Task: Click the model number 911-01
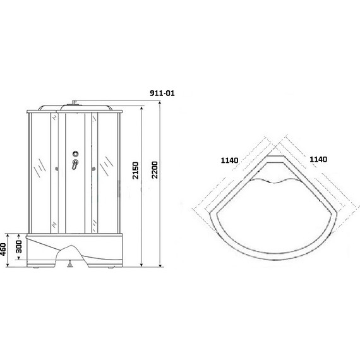coord(162,93)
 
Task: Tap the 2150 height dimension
coord(136,171)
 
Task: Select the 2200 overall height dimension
coord(155,170)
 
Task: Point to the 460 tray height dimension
coord(3,249)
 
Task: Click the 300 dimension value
coord(19,246)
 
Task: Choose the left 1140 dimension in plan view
coord(229,160)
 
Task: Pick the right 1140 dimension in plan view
coord(318,159)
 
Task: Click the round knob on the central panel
coord(75,154)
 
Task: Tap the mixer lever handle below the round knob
coord(75,164)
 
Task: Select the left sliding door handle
coord(56,169)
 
